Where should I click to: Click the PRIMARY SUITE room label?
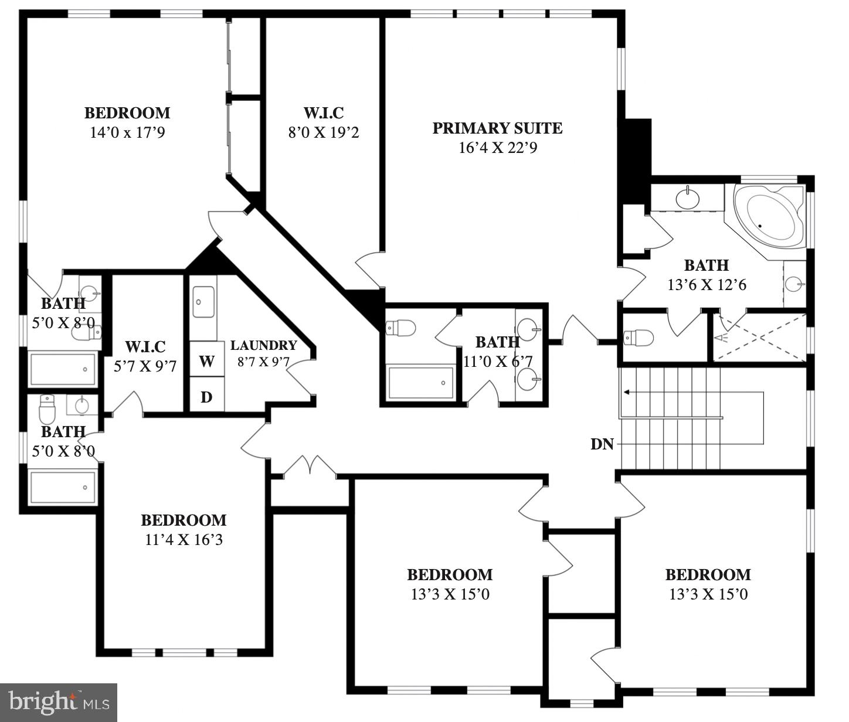(x=497, y=128)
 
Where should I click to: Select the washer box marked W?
(x=206, y=361)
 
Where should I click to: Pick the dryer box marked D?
(x=206, y=397)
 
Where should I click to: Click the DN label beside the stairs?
(x=602, y=444)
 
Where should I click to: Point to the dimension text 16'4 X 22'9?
(x=497, y=148)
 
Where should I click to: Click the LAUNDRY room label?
(x=263, y=346)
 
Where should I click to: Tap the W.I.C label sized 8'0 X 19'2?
(x=323, y=113)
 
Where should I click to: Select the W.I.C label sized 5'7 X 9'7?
(x=145, y=347)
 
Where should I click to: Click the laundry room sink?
(x=203, y=302)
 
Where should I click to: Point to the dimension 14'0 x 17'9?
(x=127, y=132)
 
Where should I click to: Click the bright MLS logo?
(x=58, y=702)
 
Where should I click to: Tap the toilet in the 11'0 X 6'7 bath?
(x=402, y=328)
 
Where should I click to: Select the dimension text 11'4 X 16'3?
(x=184, y=540)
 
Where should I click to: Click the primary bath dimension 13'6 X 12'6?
(x=706, y=285)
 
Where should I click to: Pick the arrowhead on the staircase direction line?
(x=627, y=392)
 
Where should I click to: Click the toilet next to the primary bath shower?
(x=639, y=338)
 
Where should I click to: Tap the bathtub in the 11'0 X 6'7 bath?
(x=420, y=383)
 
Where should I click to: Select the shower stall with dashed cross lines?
(x=760, y=338)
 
